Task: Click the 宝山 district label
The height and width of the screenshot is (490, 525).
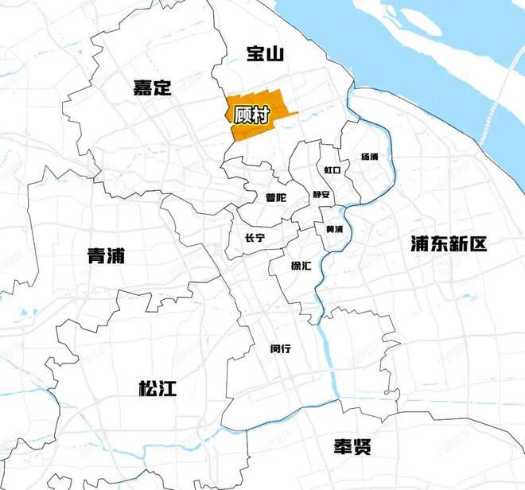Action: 265,54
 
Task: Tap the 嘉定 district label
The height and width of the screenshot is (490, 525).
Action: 152,87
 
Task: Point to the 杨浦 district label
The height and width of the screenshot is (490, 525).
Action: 370,157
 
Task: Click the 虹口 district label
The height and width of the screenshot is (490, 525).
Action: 332,170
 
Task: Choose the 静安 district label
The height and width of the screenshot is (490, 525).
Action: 321,194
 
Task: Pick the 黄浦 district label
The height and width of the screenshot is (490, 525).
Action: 334,229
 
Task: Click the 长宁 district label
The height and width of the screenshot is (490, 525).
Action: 255,238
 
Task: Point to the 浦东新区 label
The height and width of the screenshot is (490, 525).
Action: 448,244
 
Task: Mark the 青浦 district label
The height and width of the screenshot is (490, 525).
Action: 106,255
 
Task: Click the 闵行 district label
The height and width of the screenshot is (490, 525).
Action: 281,348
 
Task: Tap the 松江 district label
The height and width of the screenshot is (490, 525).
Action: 157,388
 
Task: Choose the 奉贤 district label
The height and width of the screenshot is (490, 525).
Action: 352,446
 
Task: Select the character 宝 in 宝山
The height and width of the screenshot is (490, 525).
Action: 255,54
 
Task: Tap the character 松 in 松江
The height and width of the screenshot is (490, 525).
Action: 148,388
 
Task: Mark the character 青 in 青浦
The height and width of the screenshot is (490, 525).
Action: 96,255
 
